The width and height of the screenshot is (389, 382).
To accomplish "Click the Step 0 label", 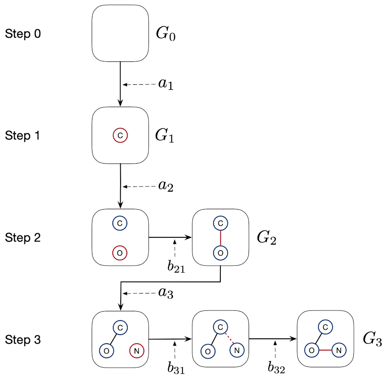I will pyautogui.click(x=23, y=34).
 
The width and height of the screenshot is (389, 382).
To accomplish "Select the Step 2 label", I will pyautogui.click(x=23, y=238).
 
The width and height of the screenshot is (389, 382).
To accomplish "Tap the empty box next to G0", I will pyautogui.click(x=120, y=33).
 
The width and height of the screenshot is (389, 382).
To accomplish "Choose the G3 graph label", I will pyautogui.click(x=372, y=339).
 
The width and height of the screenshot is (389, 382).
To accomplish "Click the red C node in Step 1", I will pyautogui.click(x=120, y=136).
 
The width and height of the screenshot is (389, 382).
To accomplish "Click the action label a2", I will pyautogui.click(x=166, y=186).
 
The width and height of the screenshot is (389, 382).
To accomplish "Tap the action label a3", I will pyautogui.click(x=166, y=293).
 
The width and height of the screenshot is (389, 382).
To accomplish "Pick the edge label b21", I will pyautogui.click(x=176, y=267).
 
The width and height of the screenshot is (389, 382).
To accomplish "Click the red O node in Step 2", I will pyautogui.click(x=120, y=253).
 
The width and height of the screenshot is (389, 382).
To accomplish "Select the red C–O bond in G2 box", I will pyautogui.click(x=220, y=238).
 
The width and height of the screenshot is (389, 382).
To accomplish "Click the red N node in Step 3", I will pyautogui.click(x=136, y=350).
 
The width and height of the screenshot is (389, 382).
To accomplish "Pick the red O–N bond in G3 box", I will pyautogui.click(x=325, y=350).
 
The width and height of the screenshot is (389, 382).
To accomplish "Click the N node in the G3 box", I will pyautogui.click(x=339, y=350).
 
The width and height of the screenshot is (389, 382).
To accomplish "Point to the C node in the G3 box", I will pyautogui.click(x=325, y=327).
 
